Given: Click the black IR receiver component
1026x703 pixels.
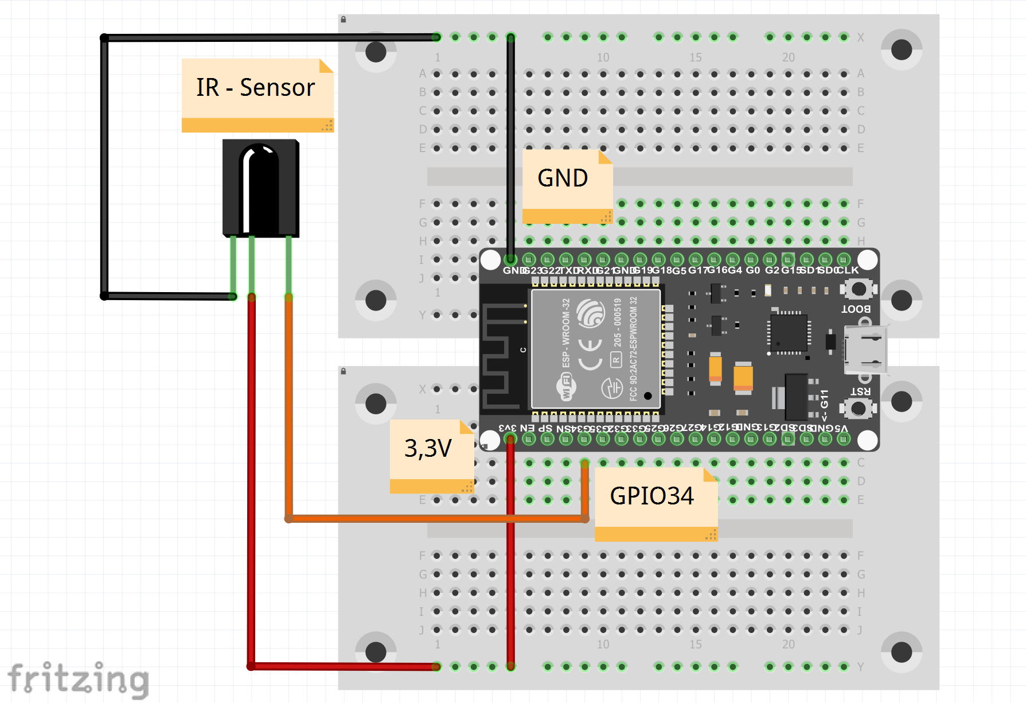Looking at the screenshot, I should (261, 188).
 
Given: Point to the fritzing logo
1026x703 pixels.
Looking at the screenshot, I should (79, 679).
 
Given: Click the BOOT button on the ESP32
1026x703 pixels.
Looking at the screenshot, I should (858, 289).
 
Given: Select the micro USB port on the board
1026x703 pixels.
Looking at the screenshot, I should (866, 350).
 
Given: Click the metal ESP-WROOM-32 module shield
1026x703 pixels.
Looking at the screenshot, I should (596, 349).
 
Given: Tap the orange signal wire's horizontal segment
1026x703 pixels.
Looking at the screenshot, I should (436, 519).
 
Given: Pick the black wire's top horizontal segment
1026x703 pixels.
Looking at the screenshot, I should (270, 38).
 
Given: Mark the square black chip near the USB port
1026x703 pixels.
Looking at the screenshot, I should (789, 332).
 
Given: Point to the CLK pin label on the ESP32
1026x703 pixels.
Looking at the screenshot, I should (848, 270).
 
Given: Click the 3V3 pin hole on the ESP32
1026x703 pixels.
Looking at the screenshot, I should (510, 440).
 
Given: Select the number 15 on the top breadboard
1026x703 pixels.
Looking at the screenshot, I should (696, 57).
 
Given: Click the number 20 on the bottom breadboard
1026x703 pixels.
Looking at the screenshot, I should (789, 644).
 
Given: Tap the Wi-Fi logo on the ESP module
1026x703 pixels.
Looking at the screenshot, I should (565, 386).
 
